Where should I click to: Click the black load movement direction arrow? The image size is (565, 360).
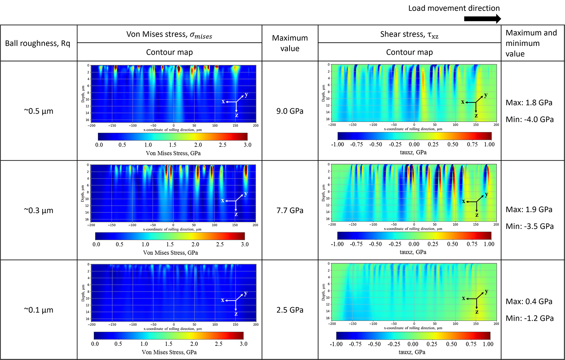point(482,19)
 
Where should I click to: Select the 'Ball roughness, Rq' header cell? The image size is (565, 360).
point(37,43)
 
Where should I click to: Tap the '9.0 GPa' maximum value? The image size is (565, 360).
point(290,111)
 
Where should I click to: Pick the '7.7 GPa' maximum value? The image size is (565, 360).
point(290,210)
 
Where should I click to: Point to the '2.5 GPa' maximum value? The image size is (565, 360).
point(290,310)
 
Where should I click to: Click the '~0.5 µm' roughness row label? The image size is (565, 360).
point(38,111)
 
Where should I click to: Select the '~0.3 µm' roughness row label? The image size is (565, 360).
point(38,210)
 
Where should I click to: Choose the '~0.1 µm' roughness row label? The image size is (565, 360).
point(38,310)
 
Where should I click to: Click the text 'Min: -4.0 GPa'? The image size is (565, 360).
point(530,119)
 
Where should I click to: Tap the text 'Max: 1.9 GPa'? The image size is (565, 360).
point(529,210)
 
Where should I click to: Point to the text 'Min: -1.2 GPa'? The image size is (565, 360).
point(530,318)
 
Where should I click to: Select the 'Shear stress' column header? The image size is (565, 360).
point(409,35)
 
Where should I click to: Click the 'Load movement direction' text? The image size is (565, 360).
point(454,8)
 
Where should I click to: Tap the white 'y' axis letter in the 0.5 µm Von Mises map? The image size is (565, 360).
point(246,95)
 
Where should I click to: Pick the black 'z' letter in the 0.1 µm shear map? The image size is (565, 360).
point(477,312)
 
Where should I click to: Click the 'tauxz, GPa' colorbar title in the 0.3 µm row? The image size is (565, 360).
point(413,252)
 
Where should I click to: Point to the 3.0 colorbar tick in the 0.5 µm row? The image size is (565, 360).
point(248,145)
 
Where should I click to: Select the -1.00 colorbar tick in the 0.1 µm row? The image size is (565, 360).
point(336,344)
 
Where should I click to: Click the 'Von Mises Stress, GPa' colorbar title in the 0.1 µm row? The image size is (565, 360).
point(169,352)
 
